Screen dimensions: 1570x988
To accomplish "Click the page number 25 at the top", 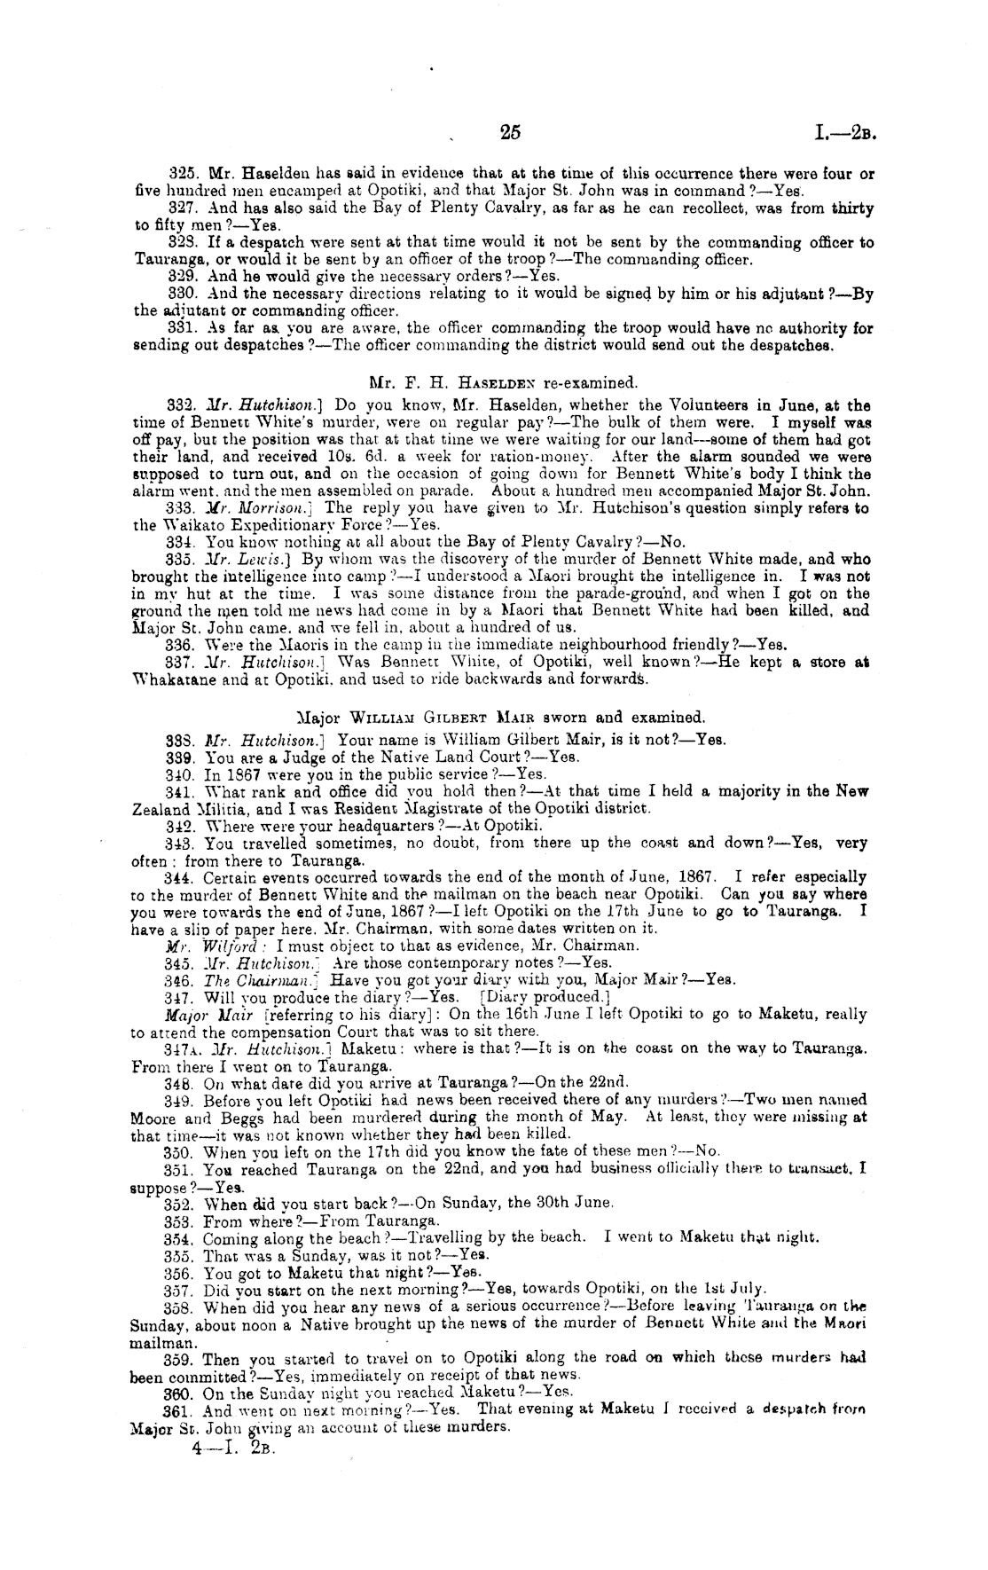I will click(510, 133).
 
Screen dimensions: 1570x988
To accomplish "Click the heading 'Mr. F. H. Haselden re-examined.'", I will click(502, 384).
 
